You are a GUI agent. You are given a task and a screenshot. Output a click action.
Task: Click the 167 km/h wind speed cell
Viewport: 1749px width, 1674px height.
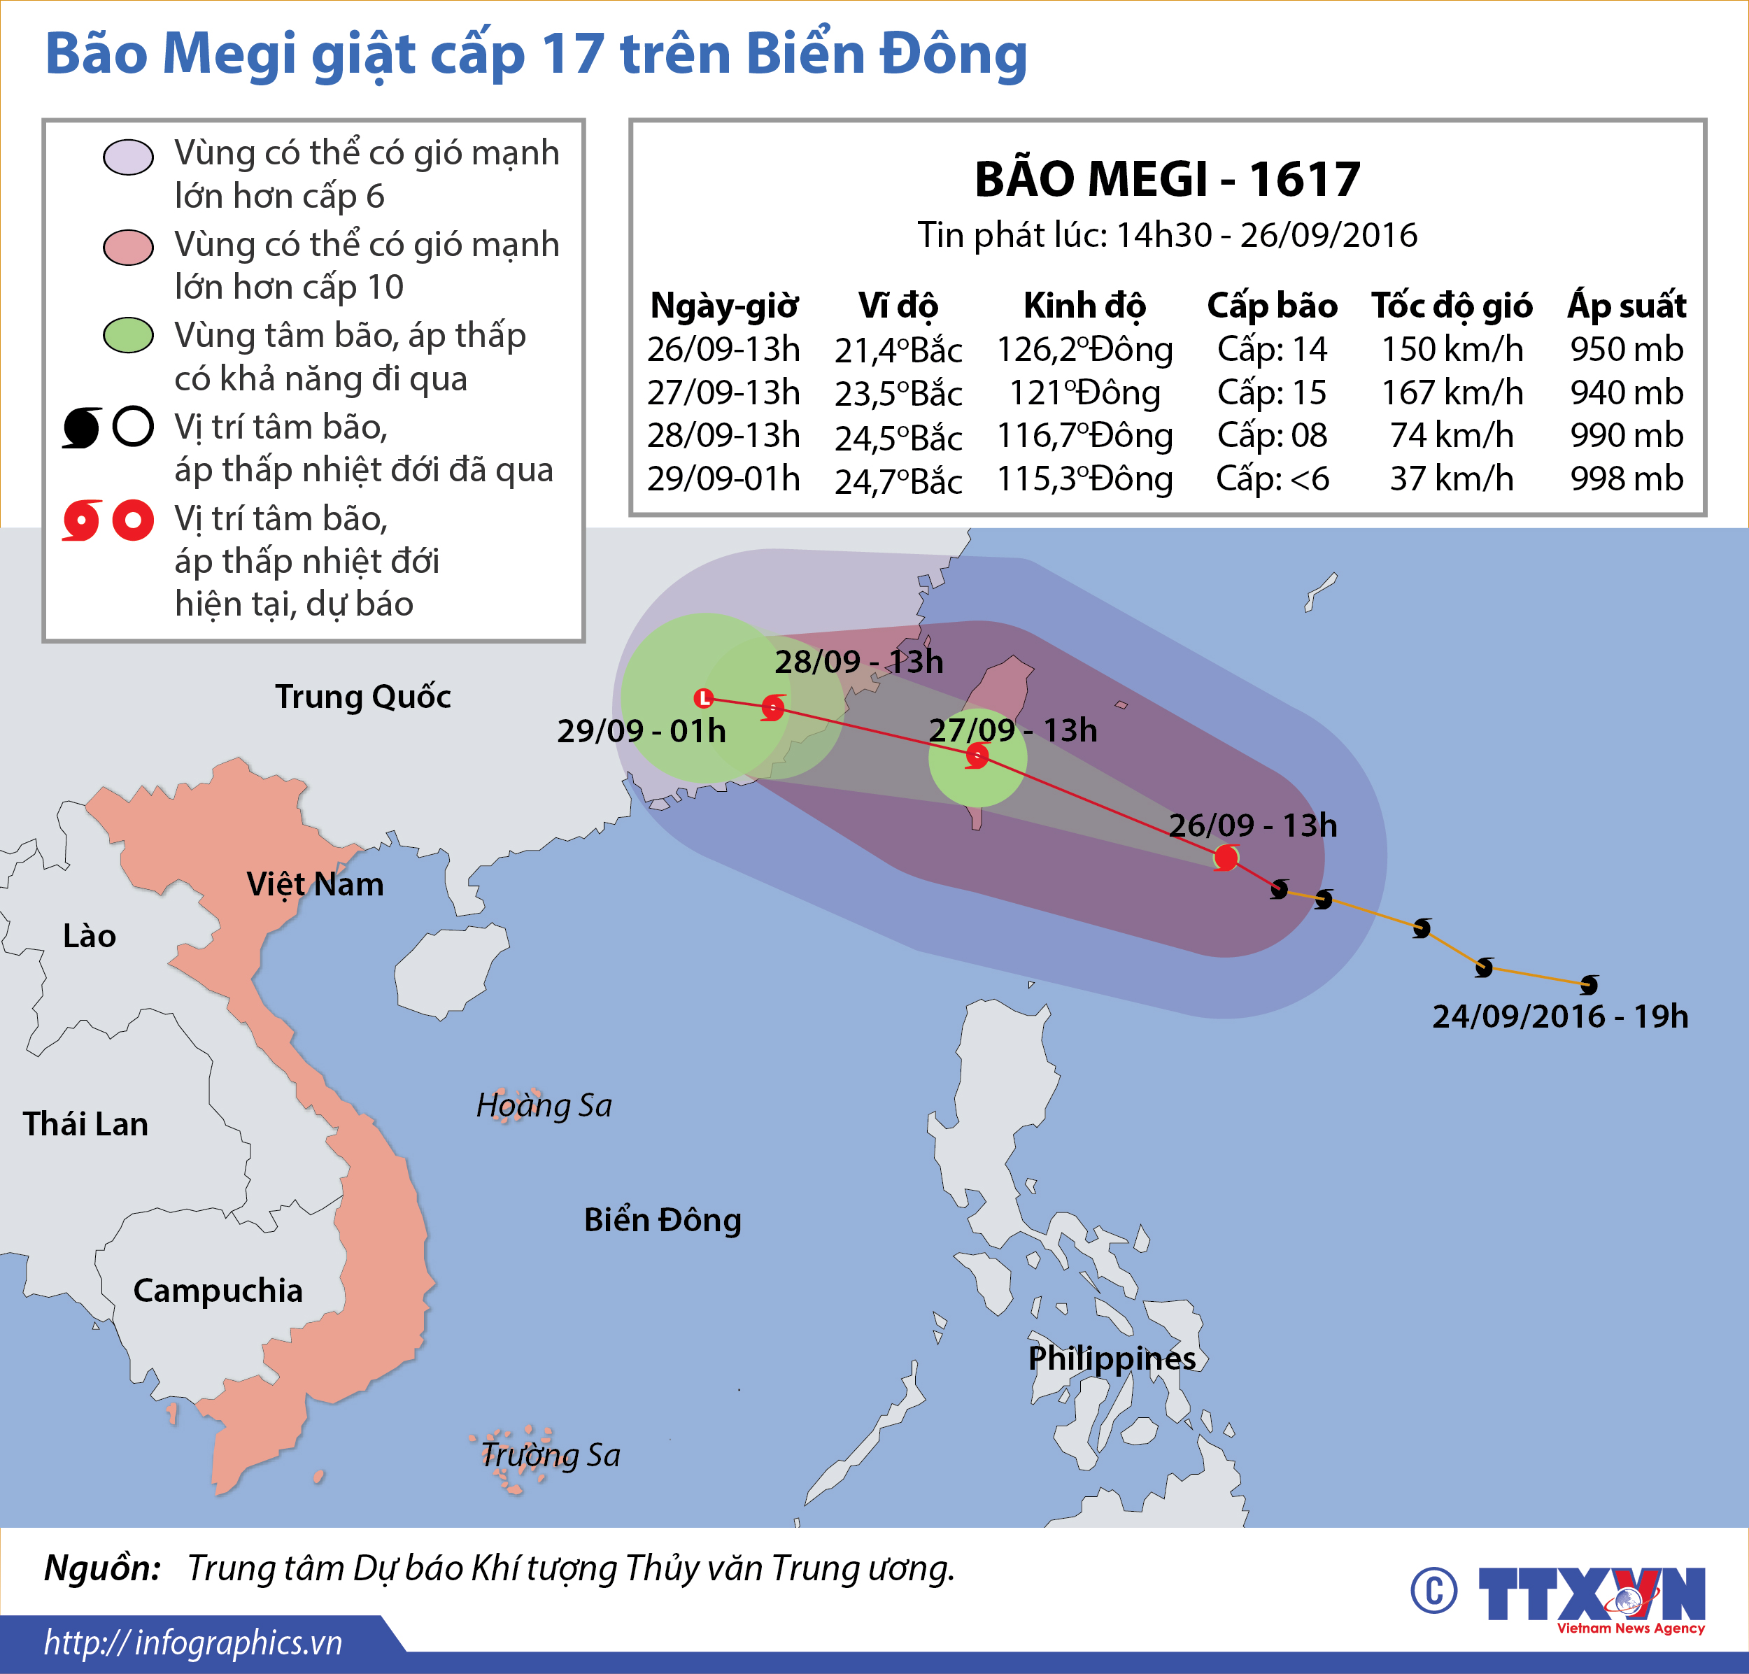(x=1452, y=392)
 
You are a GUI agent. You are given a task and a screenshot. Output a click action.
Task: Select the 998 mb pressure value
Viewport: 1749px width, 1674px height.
(x=1627, y=479)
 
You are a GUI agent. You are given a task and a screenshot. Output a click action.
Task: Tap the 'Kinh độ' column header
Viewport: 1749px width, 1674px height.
(x=1084, y=306)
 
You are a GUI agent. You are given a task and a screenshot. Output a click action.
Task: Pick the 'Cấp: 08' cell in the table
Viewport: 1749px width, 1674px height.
(x=1272, y=435)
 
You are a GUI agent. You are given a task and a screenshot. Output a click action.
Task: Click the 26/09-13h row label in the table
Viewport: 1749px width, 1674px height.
(x=723, y=350)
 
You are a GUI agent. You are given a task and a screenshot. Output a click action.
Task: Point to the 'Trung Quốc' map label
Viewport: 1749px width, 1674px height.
(x=362, y=696)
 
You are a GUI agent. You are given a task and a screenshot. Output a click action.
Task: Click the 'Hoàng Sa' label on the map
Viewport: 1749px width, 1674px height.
(x=544, y=1105)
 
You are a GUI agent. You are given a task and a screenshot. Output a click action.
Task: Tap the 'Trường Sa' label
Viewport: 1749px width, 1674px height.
(x=550, y=1454)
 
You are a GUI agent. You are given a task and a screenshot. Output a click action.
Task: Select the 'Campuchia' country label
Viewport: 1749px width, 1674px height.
(x=218, y=1290)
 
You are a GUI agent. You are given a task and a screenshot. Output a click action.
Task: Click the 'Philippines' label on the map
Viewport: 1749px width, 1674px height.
(x=1112, y=1358)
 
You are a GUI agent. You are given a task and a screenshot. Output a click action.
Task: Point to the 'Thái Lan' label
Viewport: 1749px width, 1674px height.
(x=85, y=1124)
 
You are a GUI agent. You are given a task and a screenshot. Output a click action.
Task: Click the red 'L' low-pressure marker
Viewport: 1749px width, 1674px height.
(x=704, y=698)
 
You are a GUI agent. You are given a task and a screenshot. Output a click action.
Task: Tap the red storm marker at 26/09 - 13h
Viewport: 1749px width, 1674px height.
(x=1226, y=858)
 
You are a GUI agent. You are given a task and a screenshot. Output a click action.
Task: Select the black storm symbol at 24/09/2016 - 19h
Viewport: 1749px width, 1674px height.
(x=1588, y=985)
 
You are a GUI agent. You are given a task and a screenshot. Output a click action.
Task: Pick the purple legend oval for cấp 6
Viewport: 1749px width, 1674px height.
(x=129, y=157)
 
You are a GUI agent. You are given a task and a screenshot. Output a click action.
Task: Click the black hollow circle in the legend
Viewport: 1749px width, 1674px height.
(x=134, y=427)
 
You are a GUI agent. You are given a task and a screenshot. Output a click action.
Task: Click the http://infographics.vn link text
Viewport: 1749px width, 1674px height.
(x=193, y=1643)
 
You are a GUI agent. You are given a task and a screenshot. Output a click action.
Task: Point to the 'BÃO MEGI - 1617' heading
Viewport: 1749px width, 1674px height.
(x=1167, y=179)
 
